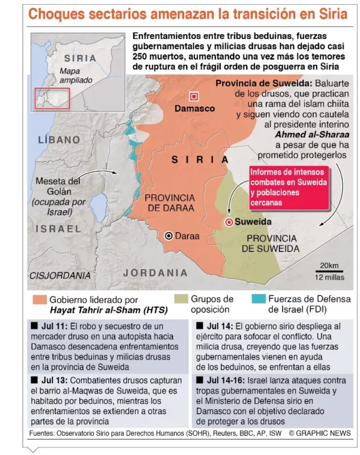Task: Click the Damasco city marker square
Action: point(194,96)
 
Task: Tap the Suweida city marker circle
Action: point(229,222)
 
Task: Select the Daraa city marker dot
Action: point(169,236)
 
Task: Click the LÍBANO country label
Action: point(59,139)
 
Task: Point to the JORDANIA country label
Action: point(155,273)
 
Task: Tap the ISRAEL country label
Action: point(58,229)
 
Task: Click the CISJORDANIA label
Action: point(60,276)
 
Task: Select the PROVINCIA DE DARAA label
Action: point(170,203)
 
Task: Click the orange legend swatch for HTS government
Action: point(40,300)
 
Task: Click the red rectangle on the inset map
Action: point(52,98)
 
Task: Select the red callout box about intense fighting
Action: point(290,187)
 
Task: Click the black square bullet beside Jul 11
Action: point(34,326)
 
